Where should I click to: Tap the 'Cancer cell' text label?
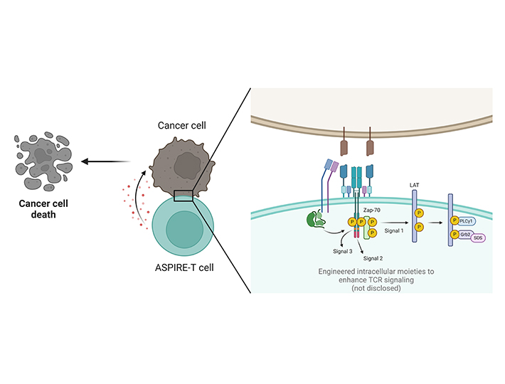(182, 126)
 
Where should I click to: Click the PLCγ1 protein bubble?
(469, 220)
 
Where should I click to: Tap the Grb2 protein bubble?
(466, 233)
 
